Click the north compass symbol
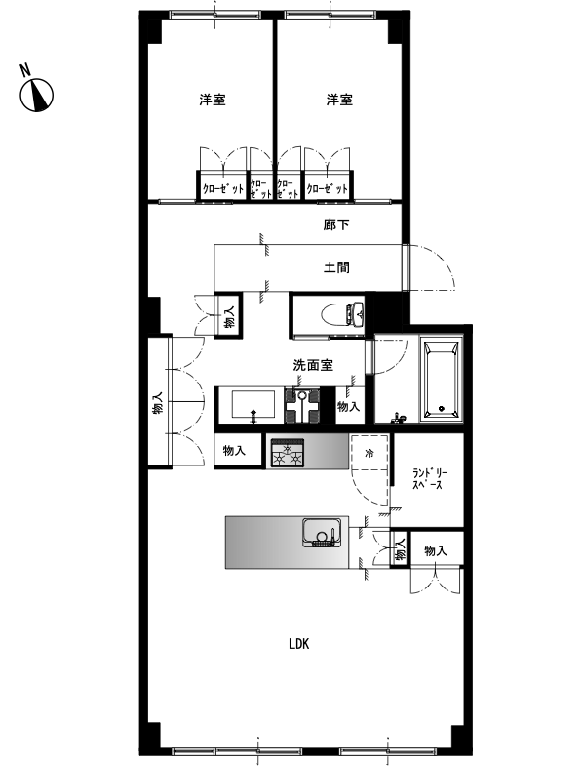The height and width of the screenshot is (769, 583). point(36,95)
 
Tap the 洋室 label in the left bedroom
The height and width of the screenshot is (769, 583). point(213,100)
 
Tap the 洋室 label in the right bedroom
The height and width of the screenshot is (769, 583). point(339,100)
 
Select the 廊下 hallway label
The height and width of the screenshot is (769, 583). point(336,224)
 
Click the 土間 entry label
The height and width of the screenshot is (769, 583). point(336,267)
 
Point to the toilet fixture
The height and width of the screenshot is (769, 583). point(343,314)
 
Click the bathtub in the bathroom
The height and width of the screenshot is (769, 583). point(443,380)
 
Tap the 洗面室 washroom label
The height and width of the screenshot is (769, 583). point(313,365)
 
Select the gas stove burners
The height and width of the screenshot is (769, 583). point(288,452)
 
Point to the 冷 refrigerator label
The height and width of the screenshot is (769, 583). point(369,453)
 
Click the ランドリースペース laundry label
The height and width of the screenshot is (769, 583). point(430,479)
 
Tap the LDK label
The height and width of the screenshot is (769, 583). point(299,644)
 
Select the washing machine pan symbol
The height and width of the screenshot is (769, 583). point(302,405)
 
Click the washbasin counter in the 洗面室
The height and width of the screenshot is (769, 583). point(250,405)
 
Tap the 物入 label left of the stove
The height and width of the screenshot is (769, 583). point(234,450)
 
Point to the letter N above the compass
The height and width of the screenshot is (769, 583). point(25,69)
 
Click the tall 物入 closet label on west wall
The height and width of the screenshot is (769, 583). point(157,403)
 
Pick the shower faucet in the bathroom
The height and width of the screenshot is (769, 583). point(400,418)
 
